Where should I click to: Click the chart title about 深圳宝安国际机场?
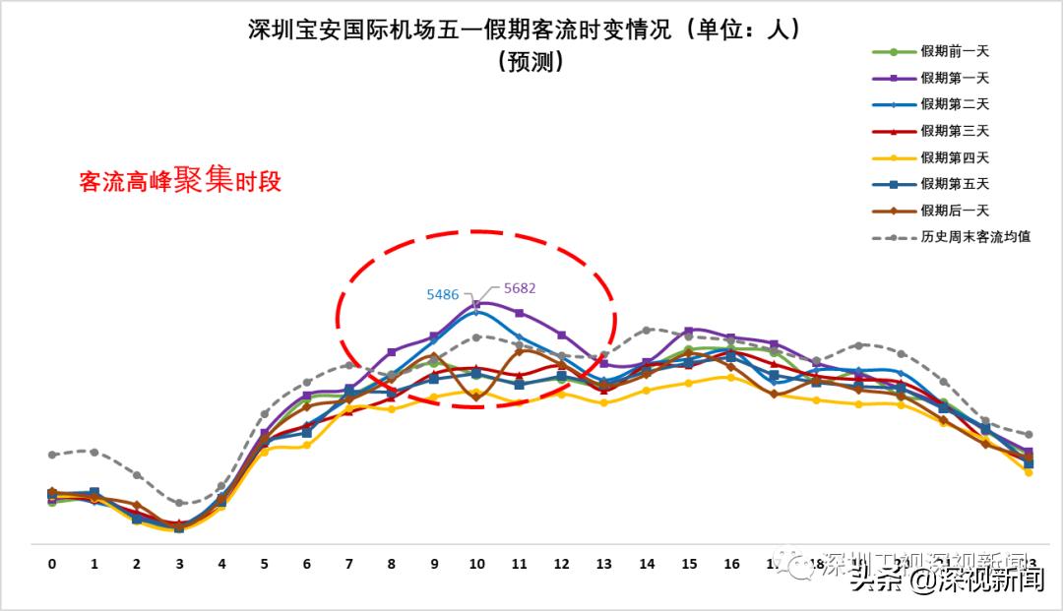click(x=526, y=30)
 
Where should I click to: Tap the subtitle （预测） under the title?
click(x=531, y=61)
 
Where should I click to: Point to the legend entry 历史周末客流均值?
click(x=974, y=237)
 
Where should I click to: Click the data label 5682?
click(x=519, y=288)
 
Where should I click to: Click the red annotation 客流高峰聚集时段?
click(x=180, y=181)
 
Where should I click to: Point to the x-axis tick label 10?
click(x=477, y=564)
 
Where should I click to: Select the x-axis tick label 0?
click(x=52, y=564)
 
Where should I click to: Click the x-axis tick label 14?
click(x=647, y=564)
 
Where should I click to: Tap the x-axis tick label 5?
click(x=265, y=564)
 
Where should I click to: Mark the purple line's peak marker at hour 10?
click(x=477, y=304)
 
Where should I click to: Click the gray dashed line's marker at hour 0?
click(x=52, y=455)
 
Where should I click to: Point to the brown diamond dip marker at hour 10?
click(x=477, y=397)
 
